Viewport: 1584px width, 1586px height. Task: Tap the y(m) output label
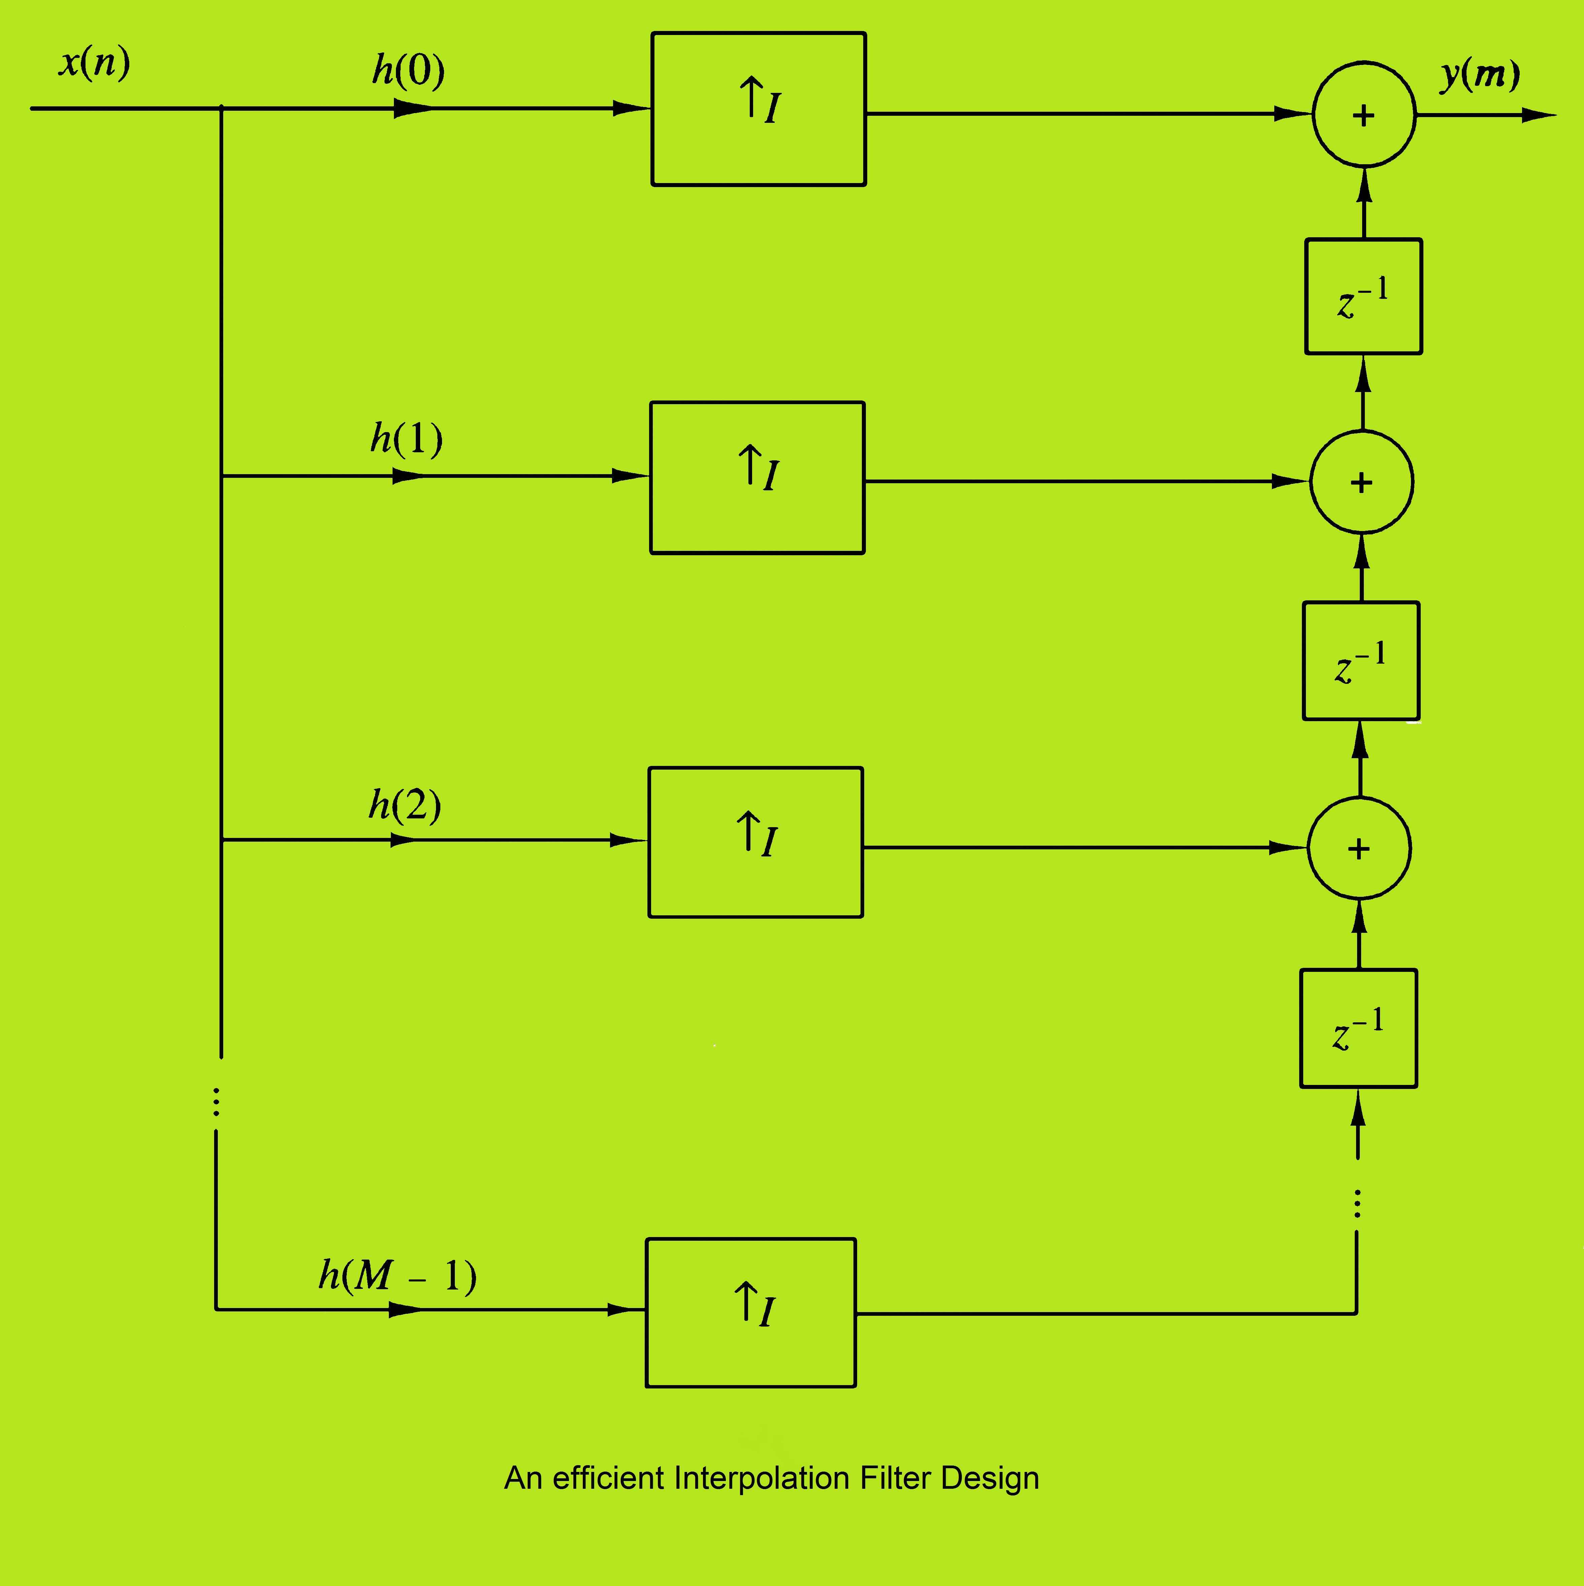pyautogui.click(x=1480, y=75)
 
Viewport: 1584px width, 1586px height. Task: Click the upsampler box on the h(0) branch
pyautogui.click(x=758, y=109)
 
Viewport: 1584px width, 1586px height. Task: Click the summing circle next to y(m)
pyautogui.click(x=1363, y=115)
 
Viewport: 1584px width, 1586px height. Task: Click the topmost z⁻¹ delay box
pyautogui.click(x=1363, y=296)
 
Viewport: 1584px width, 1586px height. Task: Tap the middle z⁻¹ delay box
pyautogui.click(x=1361, y=661)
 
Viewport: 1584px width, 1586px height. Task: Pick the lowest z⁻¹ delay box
pyautogui.click(x=1358, y=1029)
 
